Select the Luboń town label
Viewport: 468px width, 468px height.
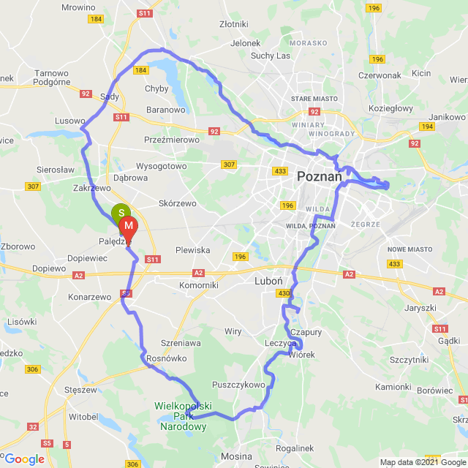coord(264,281)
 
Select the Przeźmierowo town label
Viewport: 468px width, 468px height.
coord(172,139)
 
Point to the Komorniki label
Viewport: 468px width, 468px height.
coord(198,284)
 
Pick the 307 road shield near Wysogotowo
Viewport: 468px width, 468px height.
coord(229,165)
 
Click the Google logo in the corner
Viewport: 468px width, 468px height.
coord(23,459)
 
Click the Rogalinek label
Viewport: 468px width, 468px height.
coord(295,448)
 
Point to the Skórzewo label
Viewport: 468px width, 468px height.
coord(179,204)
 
